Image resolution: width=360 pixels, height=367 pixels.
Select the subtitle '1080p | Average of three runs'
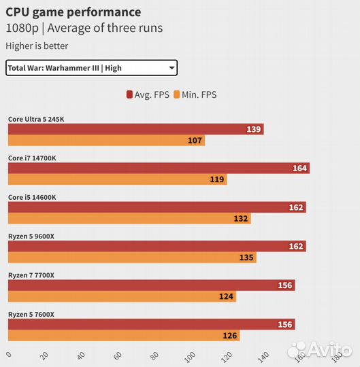[x=84, y=29]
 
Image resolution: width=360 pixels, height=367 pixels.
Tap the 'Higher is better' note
[x=37, y=46]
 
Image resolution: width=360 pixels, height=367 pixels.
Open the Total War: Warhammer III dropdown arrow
[x=171, y=67]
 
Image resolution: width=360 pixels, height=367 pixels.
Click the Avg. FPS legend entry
[x=147, y=94]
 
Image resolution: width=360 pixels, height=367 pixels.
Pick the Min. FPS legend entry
[x=195, y=94]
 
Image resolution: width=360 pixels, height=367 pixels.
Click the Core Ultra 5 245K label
[x=36, y=119]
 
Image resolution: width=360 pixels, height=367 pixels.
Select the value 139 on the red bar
[x=254, y=129]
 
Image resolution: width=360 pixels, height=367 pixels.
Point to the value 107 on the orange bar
[x=195, y=141]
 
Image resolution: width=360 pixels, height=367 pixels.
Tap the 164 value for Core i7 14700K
[x=300, y=169]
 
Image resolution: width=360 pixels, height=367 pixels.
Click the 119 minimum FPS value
[x=217, y=180]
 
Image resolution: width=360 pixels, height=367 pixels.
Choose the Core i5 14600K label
[x=32, y=197]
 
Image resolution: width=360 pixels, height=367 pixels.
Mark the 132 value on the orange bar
[x=241, y=219]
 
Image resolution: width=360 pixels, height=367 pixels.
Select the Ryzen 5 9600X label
[x=32, y=236]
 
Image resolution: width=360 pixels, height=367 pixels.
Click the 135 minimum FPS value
[x=246, y=258]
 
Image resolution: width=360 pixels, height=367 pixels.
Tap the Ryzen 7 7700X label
[x=31, y=275]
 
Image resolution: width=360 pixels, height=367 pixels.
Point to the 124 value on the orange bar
[x=227, y=297]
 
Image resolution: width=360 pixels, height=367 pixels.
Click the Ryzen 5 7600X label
[x=31, y=314]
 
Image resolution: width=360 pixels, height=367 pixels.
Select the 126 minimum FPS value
[x=230, y=336]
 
